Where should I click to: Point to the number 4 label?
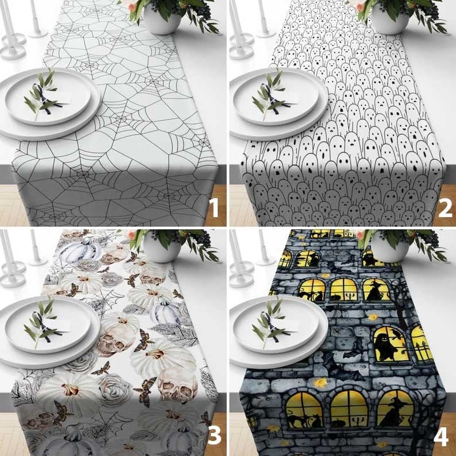(442, 436)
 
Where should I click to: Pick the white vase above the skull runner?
(162, 247)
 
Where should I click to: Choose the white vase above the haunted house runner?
(390, 247)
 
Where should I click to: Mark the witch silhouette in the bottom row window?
(393, 413)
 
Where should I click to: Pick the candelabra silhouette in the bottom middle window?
(358, 421)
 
